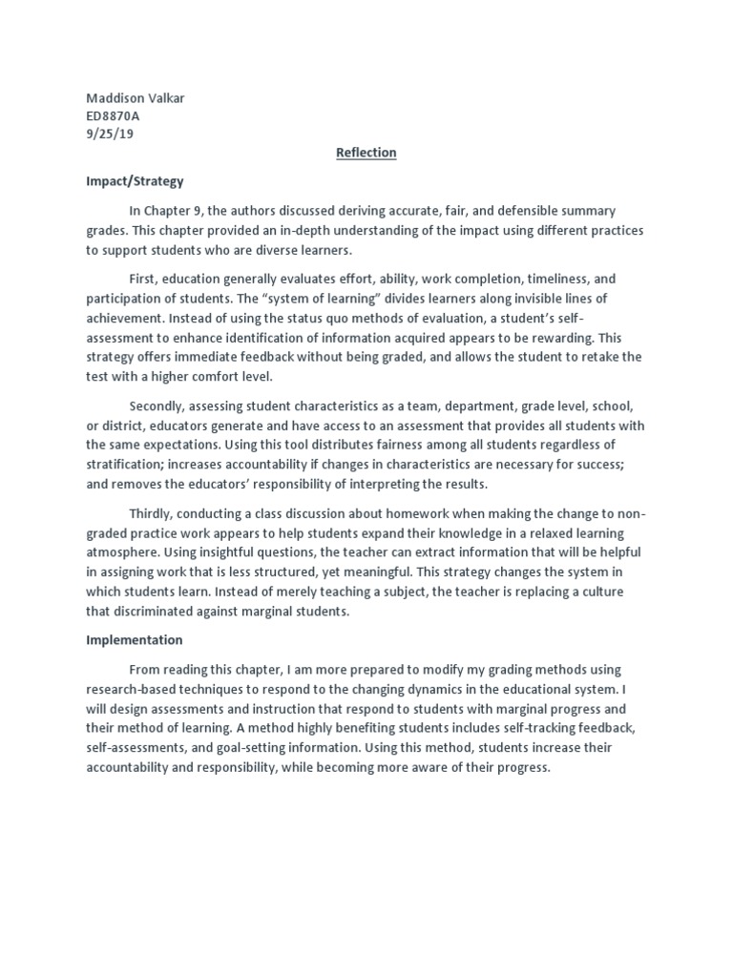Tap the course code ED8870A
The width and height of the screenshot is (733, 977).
pyautogui.click(x=113, y=116)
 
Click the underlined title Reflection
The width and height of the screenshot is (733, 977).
pyautogui.click(x=366, y=153)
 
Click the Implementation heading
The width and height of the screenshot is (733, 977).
pyautogui.click(x=135, y=640)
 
